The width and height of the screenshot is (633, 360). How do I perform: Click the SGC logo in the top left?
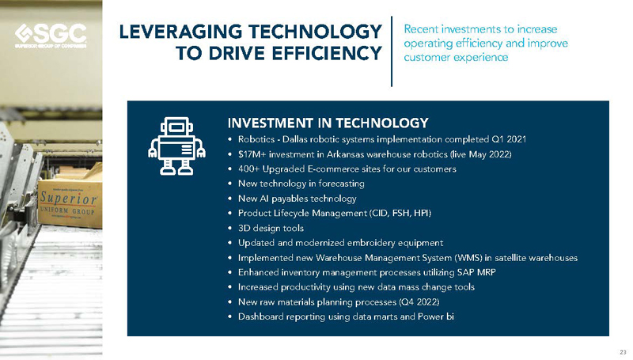[51, 35]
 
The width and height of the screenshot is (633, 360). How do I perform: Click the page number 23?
[623, 351]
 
